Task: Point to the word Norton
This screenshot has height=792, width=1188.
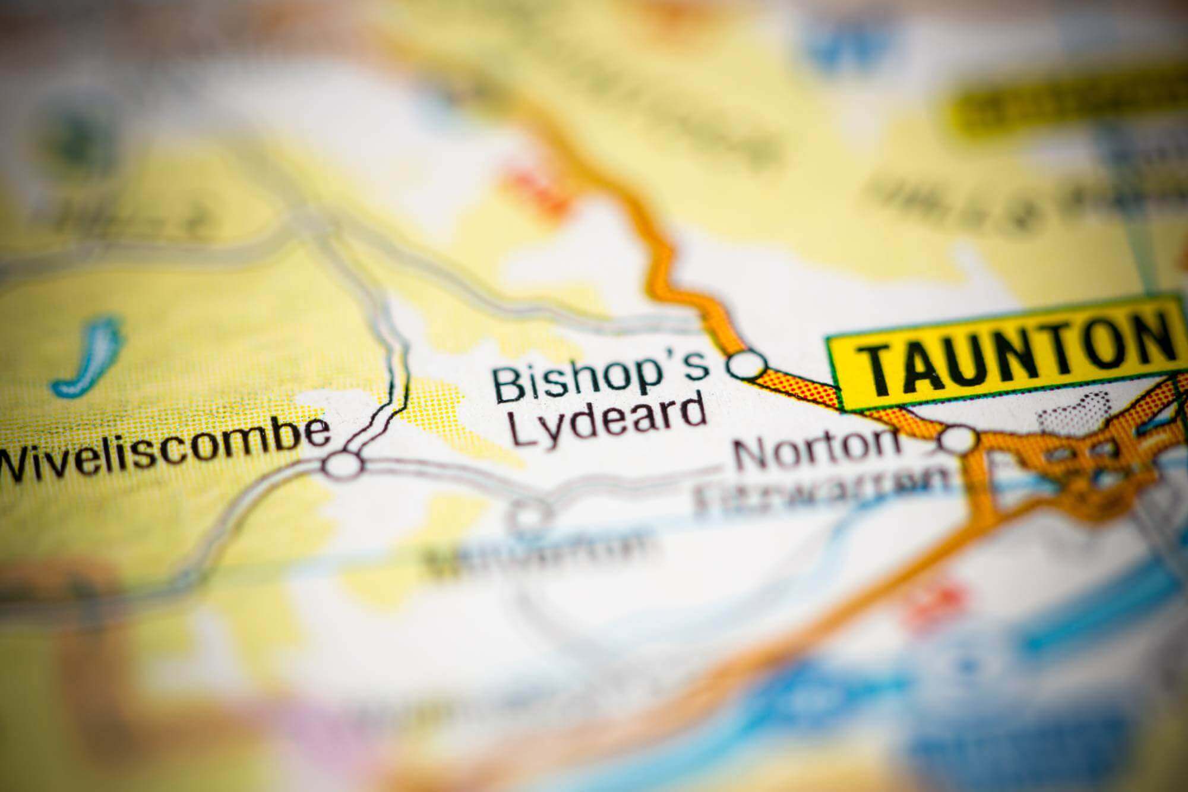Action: tap(817, 453)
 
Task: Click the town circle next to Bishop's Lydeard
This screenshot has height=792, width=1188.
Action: tap(747, 364)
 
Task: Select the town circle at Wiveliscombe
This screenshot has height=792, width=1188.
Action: tap(343, 464)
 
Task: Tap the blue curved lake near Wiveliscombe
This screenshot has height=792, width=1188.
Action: tap(89, 356)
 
